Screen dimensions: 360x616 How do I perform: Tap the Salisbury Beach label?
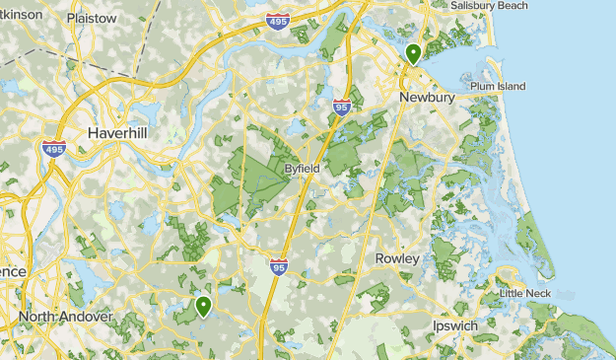(489, 6)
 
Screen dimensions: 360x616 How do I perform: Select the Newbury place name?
(426, 98)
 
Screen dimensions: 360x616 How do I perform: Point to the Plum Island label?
(498, 87)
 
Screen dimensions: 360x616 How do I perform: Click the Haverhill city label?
(117, 132)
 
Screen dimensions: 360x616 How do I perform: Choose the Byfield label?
(302, 169)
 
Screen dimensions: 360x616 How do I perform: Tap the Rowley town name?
(397, 258)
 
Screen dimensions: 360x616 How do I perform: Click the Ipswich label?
(455, 324)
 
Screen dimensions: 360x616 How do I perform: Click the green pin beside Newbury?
(413, 53)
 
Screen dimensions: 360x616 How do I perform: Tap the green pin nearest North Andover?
(203, 306)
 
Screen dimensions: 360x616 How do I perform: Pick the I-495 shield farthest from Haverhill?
(279, 20)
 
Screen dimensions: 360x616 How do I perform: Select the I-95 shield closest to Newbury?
(342, 107)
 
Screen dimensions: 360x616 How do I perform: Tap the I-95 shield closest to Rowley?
(279, 265)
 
